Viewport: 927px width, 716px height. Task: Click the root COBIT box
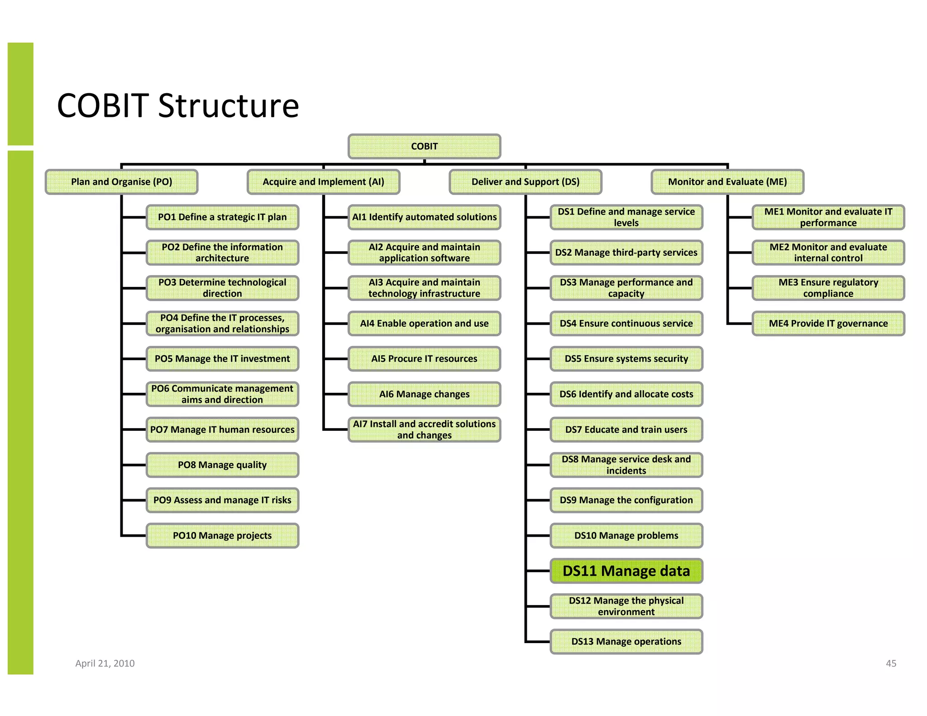pyautogui.click(x=424, y=146)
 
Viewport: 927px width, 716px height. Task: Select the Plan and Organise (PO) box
pyautogui.click(x=121, y=182)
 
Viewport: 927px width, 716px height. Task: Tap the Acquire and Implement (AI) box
pyautogui.click(x=323, y=182)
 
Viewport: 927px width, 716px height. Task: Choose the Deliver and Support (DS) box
pyautogui.click(x=525, y=182)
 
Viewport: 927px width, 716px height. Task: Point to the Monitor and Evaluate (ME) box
pyautogui.click(x=727, y=182)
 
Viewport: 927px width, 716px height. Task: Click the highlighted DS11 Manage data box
pyautogui.click(x=626, y=571)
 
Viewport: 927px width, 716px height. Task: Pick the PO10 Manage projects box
pyautogui.click(x=222, y=536)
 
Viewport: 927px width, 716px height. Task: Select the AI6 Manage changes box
pyautogui.click(x=424, y=394)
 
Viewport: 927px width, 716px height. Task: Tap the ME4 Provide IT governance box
pyautogui.click(x=828, y=324)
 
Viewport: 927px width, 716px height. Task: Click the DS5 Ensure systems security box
pyautogui.click(x=626, y=359)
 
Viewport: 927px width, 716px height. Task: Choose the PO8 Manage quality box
pyautogui.click(x=222, y=465)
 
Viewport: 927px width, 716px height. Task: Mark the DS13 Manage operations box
pyautogui.click(x=626, y=642)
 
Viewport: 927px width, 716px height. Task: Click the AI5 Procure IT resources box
pyautogui.click(x=424, y=359)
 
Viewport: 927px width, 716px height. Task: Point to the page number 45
pyautogui.click(x=891, y=663)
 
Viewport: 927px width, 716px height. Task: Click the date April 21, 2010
pyautogui.click(x=105, y=663)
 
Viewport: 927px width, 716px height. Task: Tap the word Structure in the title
pyautogui.click(x=228, y=106)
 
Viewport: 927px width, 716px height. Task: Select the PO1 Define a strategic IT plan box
pyautogui.click(x=222, y=217)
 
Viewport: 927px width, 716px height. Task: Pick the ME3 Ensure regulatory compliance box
pyautogui.click(x=828, y=288)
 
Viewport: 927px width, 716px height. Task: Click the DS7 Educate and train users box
pyautogui.click(x=626, y=430)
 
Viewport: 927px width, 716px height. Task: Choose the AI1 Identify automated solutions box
pyautogui.click(x=424, y=217)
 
